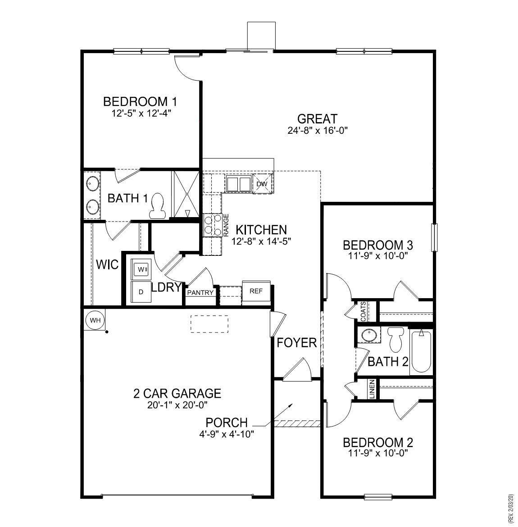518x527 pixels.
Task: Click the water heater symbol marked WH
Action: [x=95, y=320]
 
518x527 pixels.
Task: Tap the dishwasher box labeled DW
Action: [x=262, y=184]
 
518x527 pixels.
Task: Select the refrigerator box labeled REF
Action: [x=256, y=291]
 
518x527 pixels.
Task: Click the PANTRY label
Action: [x=200, y=293]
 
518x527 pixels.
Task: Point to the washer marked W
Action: [x=141, y=269]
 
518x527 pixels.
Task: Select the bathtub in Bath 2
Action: [x=421, y=351]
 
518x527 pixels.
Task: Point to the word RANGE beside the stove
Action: [x=227, y=225]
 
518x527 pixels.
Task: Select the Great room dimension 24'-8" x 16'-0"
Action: [x=318, y=131]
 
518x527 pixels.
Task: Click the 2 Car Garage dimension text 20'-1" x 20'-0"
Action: [x=177, y=405]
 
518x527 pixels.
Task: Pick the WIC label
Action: [x=107, y=264]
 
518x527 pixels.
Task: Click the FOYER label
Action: [x=296, y=343]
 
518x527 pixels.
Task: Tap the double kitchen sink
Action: [x=238, y=184]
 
